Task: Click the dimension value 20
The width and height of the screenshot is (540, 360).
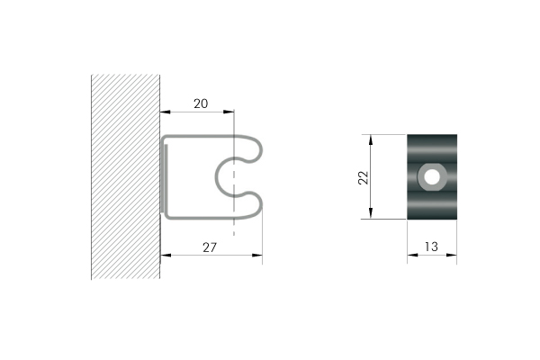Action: [x=201, y=103]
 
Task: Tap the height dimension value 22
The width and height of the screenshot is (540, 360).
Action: [x=363, y=177]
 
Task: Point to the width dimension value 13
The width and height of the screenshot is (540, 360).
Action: [x=432, y=245]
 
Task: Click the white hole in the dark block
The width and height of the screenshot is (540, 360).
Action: [x=433, y=176]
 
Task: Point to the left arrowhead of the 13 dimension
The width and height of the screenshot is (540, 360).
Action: [x=411, y=255]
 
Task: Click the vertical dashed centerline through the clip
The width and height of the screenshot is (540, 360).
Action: [x=234, y=225]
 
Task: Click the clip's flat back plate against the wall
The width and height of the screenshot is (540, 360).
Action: [x=164, y=176]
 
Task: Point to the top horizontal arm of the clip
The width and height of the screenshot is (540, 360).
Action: [x=202, y=137]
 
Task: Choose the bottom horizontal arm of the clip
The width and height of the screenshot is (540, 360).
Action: [x=202, y=217]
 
